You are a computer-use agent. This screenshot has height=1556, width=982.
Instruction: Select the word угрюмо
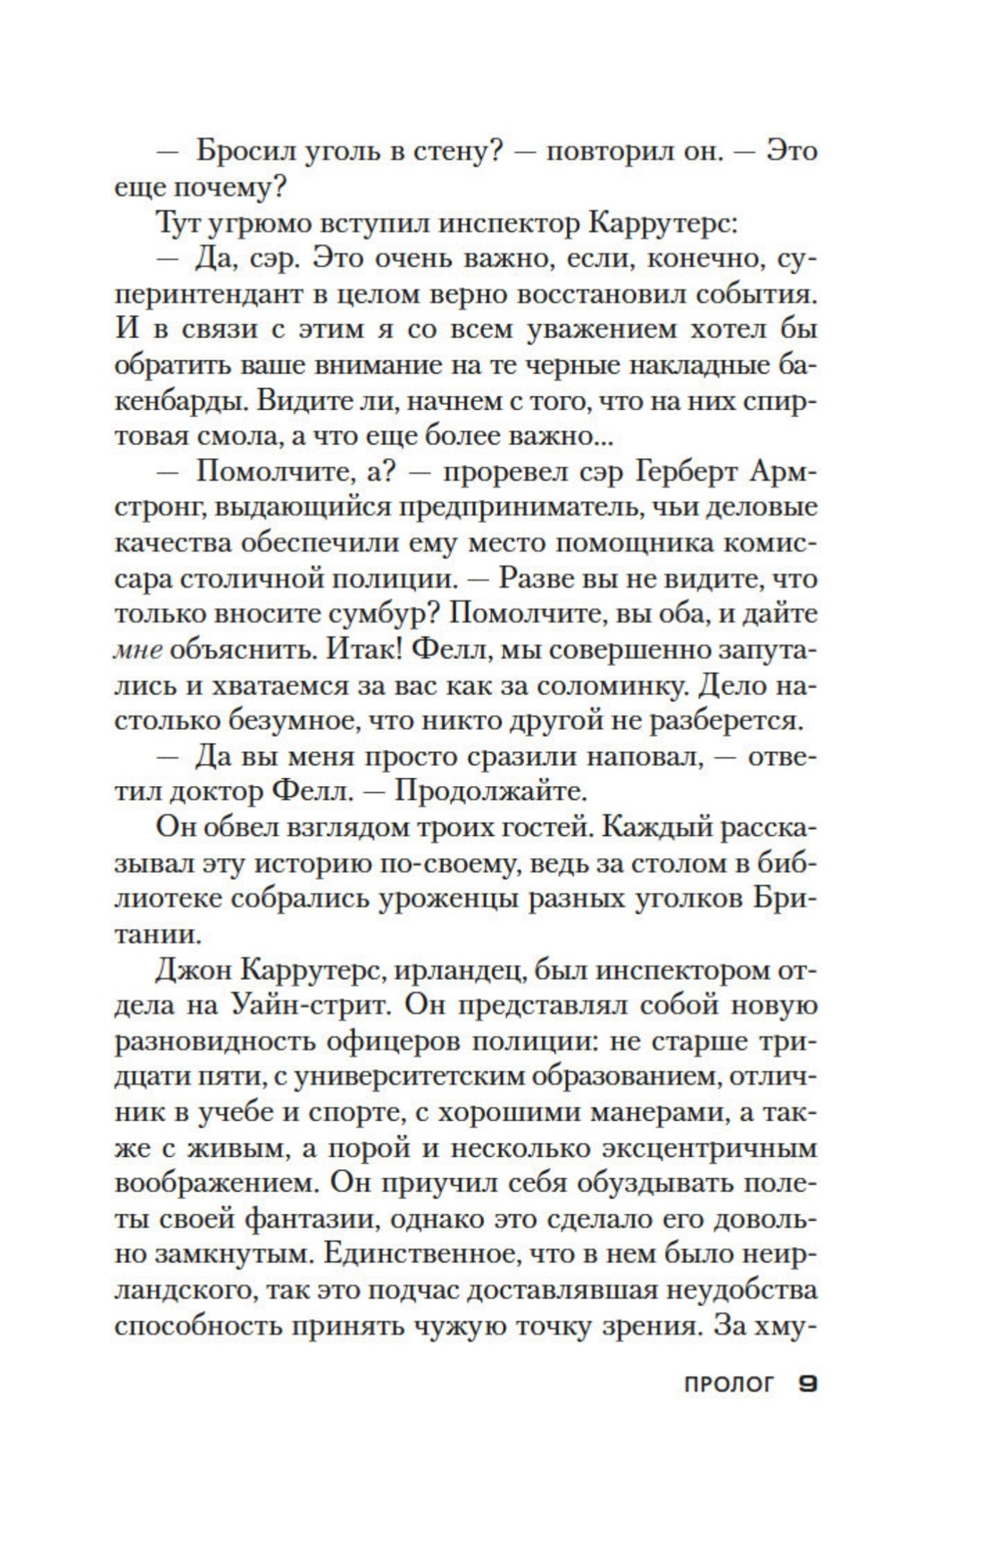click(x=240, y=222)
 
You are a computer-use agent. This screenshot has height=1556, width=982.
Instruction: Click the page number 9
click(x=807, y=1386)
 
